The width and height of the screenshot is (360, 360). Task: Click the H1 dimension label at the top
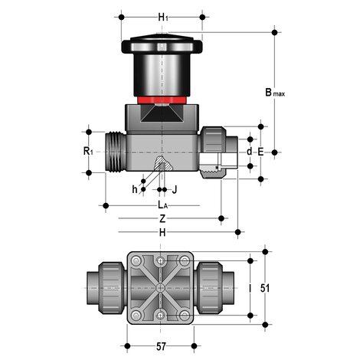(x=162, y=17)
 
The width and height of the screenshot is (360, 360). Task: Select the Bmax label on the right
(x=274, y=93)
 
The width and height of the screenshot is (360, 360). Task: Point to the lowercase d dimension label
(x=249, y=152)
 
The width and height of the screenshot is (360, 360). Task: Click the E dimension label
(x=260, y=152)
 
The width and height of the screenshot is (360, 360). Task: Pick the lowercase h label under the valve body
(x=135, y=189)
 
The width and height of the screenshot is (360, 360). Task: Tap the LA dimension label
(x=162, y=205)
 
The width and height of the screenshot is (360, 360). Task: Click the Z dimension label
(x=162, y=218)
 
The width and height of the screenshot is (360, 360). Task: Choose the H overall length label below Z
(x=162, y=231)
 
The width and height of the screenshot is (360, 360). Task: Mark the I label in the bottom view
(x=250, y=289)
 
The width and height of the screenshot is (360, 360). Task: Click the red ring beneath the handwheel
(x=162, y=100)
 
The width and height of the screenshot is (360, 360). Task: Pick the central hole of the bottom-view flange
(x=162, y=288)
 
